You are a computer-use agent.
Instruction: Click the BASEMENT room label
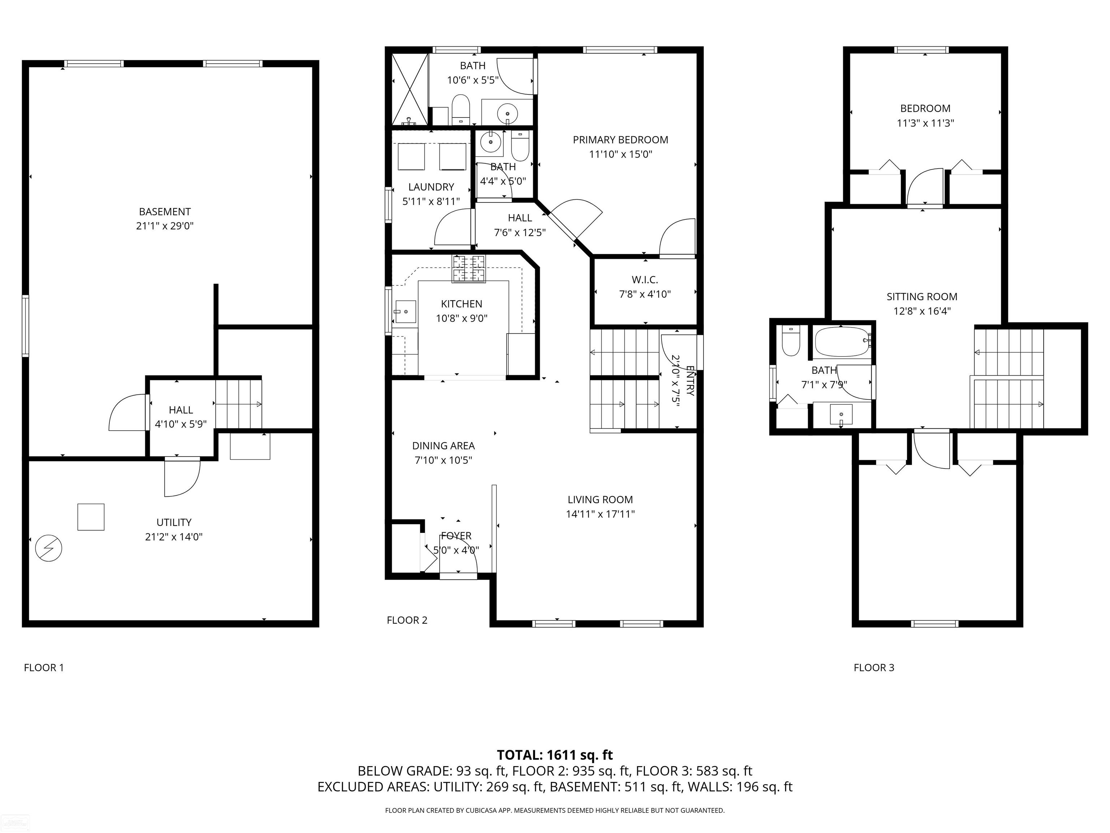(x=165, y=212)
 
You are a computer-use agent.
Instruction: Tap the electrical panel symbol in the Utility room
(x=49, y=548)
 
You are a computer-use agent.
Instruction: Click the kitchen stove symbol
(x=469, y=269)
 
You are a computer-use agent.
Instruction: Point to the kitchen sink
(x=404, y=312)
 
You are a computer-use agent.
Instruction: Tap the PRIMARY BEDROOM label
(x=620, y=140)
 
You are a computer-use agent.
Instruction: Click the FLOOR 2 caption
(x=407, y=620)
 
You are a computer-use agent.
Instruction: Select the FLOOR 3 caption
(x=874, y=667)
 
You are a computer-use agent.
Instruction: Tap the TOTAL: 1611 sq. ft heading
(x=555, y=755)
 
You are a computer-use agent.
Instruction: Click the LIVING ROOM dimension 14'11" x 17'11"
(x=600, y=514)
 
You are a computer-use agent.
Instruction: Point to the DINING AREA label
(x=443, y=446)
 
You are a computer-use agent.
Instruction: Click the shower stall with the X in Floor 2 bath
(x=409, y=89)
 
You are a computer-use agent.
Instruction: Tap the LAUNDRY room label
(x=431, y=187)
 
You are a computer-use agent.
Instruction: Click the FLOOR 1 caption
(x=44, y=667)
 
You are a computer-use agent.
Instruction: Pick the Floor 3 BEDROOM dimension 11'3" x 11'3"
(x=925, y=123)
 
